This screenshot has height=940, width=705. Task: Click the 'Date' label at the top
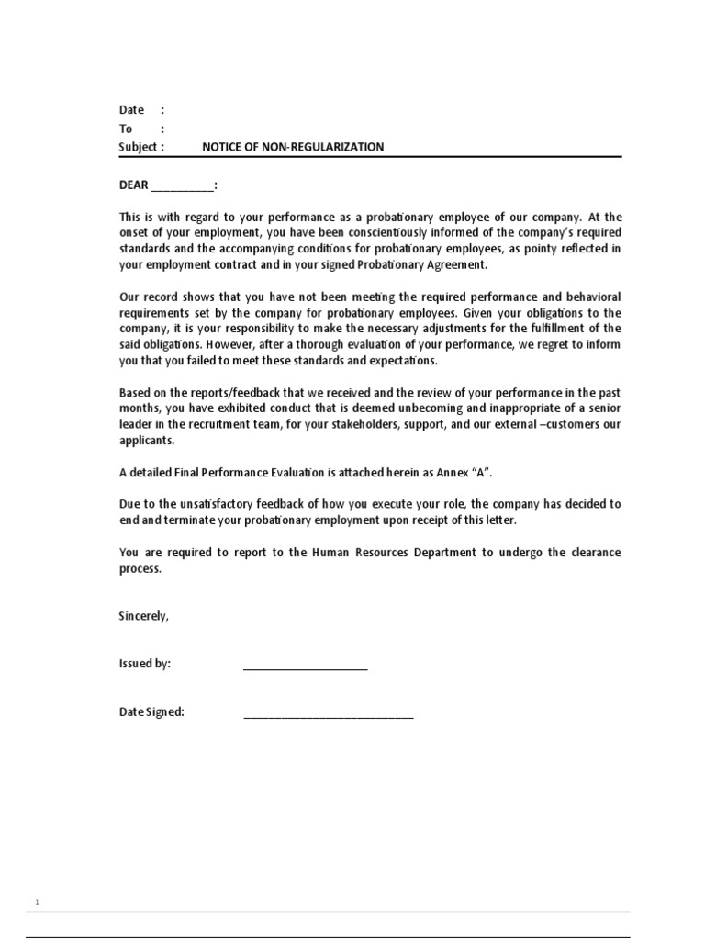tap(132, 110)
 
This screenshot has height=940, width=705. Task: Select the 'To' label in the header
tap(126, 129)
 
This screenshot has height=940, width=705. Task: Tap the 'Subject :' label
tap(141, 147)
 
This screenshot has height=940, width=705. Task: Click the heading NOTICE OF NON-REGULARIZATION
tap(293, 147)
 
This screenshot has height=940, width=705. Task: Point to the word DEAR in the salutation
tap(134, 185)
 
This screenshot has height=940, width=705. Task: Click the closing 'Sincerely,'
tap(144, 616)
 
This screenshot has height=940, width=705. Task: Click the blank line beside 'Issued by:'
tap(305, 667)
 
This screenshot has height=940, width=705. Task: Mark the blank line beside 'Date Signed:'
tap(328, 715)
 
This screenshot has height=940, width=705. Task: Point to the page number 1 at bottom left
tap(38, 903)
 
